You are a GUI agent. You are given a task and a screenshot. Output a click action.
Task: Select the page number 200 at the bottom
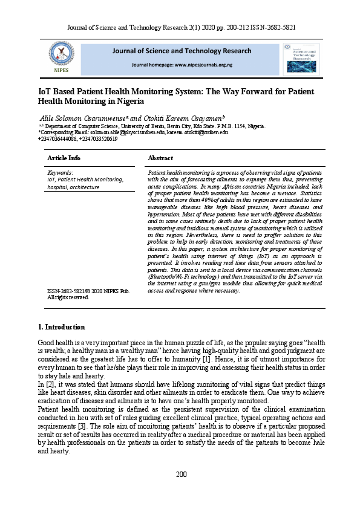180,490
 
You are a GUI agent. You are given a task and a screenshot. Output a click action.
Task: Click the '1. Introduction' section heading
61,327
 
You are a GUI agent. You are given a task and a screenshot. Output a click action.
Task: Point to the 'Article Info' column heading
64,158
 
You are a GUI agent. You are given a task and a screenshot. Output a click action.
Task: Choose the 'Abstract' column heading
160,158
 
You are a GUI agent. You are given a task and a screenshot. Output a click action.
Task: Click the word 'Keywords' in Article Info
60,172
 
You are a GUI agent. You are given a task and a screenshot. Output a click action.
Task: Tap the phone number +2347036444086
59,138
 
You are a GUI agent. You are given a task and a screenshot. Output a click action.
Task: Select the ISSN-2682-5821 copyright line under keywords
88,291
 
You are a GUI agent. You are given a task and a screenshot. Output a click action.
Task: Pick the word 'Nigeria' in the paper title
149,102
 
